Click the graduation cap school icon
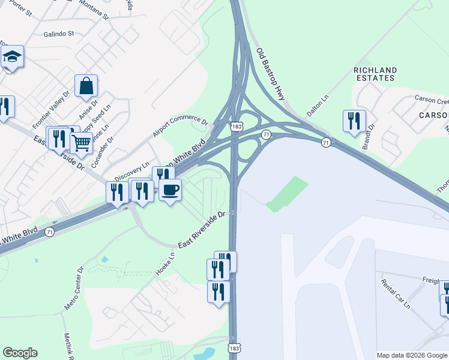coord(12,58)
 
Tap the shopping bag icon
coord(86,86)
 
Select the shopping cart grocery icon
coord(81,143)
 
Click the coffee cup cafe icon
coord(170,190)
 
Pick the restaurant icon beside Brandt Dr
coord(354,121)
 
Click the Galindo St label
coord(58,34)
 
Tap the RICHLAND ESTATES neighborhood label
coord(375,74)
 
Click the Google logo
coord(20,353)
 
